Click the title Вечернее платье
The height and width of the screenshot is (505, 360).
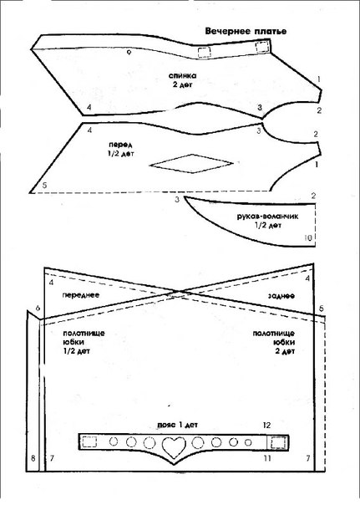[246, 31]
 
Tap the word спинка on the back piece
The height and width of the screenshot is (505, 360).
[182, 76]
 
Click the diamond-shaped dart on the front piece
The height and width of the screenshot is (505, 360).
[191, 164]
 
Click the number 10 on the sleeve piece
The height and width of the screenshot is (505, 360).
[308, 237]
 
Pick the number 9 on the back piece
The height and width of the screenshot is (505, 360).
[129, 52]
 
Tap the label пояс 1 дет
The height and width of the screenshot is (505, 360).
[178, 425]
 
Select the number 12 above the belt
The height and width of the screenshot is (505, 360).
[266, 425]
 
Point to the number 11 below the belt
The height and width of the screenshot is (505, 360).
[267, 457]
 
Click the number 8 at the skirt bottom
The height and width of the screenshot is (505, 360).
[33, 457]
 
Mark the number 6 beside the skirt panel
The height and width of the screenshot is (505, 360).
[38, 309]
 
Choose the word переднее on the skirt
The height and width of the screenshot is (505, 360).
[81, 295]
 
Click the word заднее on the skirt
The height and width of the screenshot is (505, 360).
[281, 296]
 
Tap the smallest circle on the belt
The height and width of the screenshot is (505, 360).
[248, 442]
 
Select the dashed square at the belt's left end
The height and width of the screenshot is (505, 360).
[89, 441]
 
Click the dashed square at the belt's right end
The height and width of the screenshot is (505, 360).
[278, 442]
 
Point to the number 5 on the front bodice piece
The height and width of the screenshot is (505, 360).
[44, 185]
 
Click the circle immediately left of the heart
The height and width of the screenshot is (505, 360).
[150, 443]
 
